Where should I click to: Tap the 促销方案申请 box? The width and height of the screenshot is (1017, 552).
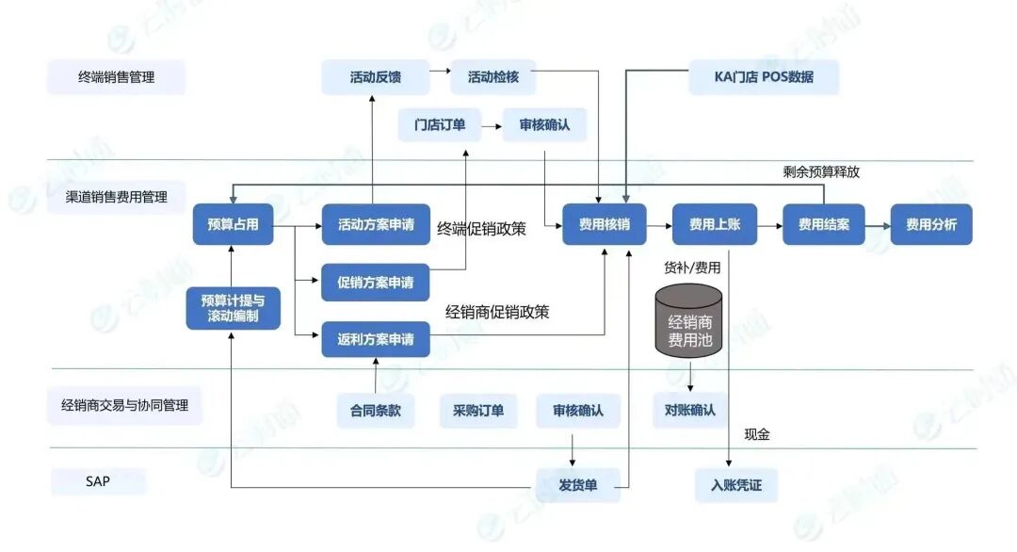[x=376, y=282]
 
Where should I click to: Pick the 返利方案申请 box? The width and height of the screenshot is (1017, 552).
[x=376, y=339]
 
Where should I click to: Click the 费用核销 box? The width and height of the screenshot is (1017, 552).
[x=605, y=224]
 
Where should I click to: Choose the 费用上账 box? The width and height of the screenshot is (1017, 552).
[x=715, y=224]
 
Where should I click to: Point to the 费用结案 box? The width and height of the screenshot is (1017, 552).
[x=824, y=224]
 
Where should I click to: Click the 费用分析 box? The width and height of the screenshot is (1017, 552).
[x=931, y=224]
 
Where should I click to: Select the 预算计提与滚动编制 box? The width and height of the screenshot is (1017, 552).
[x=233, y=309]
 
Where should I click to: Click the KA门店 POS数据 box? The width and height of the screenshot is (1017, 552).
[x=764, y=77]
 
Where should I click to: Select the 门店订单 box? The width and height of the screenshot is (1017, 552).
[x=440, y=124]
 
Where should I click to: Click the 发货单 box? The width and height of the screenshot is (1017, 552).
[x=579, y=485]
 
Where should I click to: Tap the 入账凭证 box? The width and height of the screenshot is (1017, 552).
[x=736, y=485]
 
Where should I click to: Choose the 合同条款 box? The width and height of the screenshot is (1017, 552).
[x=376, y=411]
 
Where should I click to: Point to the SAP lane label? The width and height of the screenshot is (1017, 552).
[x=98, y=481]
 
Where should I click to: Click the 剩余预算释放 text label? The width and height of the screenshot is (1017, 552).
[x=821, y=171]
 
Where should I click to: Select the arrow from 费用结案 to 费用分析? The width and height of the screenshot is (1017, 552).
[x=878, y=225]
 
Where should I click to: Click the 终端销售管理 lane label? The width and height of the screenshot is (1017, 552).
[x=117, y=77]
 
